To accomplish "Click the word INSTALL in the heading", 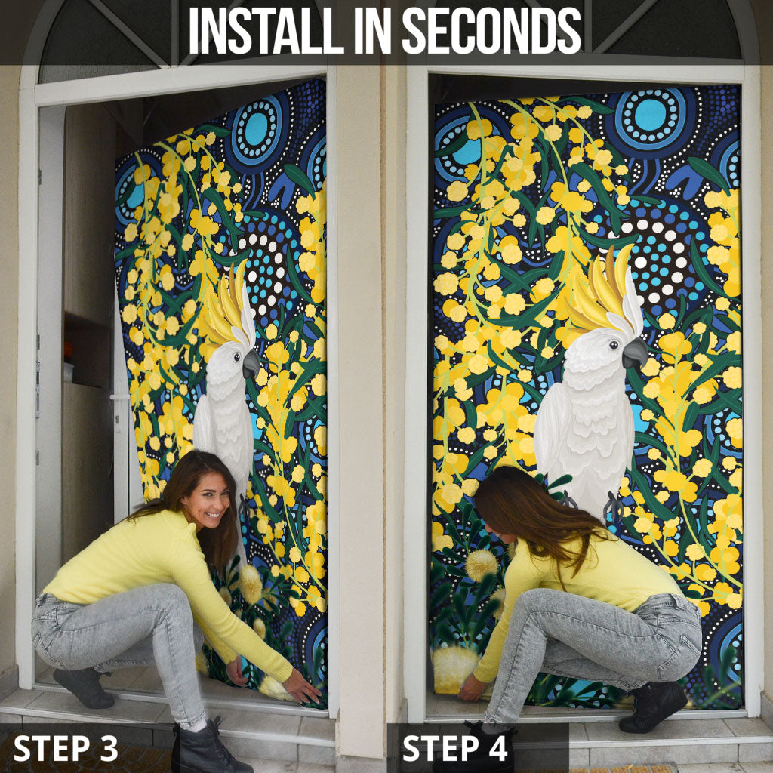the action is point(266,30).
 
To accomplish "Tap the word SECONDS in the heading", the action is point(491,30).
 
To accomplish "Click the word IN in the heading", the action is point(373,30).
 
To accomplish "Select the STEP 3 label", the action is point(66,748).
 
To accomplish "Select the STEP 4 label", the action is point(454,748).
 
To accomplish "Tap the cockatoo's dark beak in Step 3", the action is point(251,364).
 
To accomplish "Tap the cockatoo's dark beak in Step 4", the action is point(635,353).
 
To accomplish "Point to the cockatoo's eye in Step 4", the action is point(614,344).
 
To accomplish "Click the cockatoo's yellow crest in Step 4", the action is point(605,291).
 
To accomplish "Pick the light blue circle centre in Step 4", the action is point(650,115).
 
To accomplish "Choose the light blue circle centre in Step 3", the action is point(257,129).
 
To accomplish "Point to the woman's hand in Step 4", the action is point(473,687).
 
